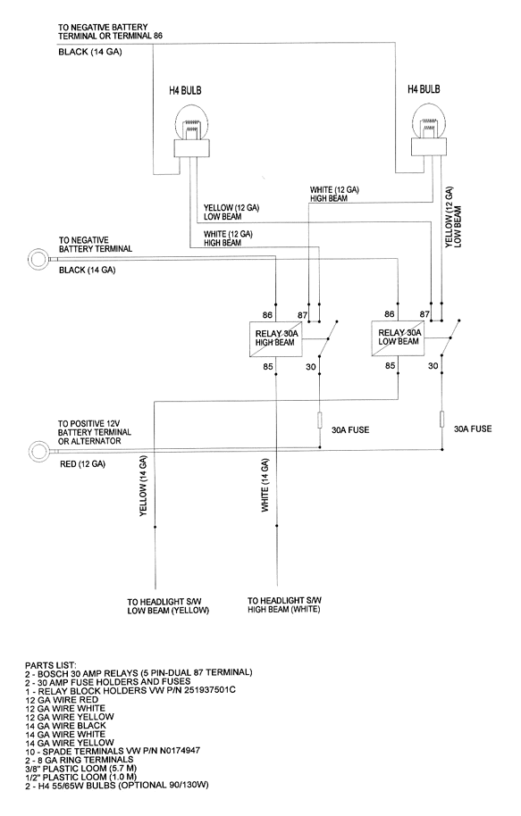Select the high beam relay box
click(274, 338)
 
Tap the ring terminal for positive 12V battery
click(39, 450)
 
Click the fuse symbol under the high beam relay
click(319, 420)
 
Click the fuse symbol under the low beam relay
click(442, 419)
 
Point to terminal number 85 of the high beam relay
click(268, 366)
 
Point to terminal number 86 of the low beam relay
click(389, 313)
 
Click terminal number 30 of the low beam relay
click(433, 366)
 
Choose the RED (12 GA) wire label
click(82, 463)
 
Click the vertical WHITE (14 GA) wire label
click(265, 486)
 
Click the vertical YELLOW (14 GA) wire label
click(143, 486)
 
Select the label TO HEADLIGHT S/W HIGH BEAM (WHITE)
click(284, 604)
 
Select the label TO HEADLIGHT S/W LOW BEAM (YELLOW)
click(168, 606)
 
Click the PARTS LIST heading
click(51, 665)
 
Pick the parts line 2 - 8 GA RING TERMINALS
click(79, 759)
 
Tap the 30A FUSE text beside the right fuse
click(473, 429)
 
